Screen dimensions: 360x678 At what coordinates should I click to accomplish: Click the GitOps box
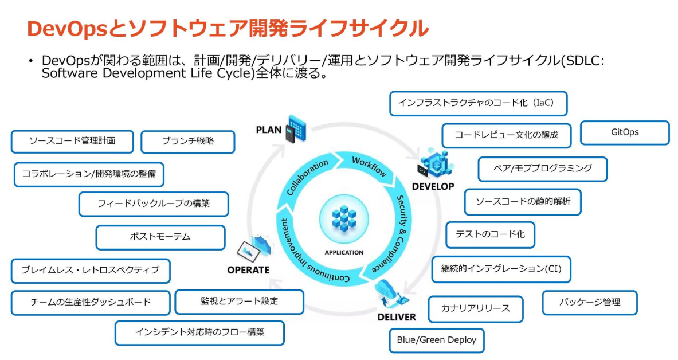tap(625, 132)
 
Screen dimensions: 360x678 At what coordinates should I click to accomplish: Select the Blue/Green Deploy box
tap(437, 340)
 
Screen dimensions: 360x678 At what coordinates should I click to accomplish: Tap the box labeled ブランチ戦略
tap(187, 142)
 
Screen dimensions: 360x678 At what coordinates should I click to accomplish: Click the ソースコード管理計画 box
tap(72, 142)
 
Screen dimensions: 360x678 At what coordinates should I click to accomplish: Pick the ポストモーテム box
tap(160, 237)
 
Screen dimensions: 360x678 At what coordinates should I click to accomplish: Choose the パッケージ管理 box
tap(590, 303)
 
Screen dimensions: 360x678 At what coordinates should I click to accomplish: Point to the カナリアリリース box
tap(475, 309)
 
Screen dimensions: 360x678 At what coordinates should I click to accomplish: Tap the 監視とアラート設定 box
tap(239, 302)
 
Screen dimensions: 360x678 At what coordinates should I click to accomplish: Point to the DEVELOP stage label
tap(433, 186)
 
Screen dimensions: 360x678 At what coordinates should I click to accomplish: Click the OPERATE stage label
tap(248, 270)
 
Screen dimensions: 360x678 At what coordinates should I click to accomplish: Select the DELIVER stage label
tap(397, 317)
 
